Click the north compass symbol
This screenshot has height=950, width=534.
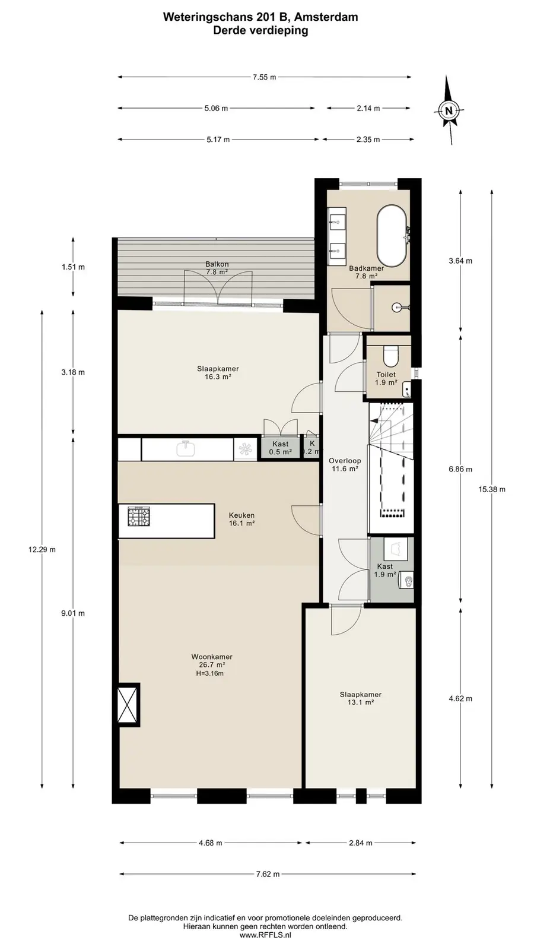[449, 110]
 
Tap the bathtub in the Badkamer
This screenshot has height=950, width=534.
[392, 236]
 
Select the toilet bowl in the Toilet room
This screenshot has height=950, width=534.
[390, 356]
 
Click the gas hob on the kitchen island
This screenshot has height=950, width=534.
[139, 517]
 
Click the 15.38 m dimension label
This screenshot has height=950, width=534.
[492, 489]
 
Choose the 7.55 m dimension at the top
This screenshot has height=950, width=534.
[265, 77]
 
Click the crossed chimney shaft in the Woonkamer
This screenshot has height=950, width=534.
[128, 704]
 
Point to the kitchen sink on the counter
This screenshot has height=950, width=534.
[186, 449]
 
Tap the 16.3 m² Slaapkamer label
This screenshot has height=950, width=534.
[218, 372]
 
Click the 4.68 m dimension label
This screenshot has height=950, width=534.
[210, 843]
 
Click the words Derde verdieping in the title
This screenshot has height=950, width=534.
[260, 30]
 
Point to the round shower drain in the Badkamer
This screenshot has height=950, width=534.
[397, 306]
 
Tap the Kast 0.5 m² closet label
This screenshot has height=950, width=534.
[280, 448]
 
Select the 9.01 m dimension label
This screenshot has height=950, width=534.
[73, 613]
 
